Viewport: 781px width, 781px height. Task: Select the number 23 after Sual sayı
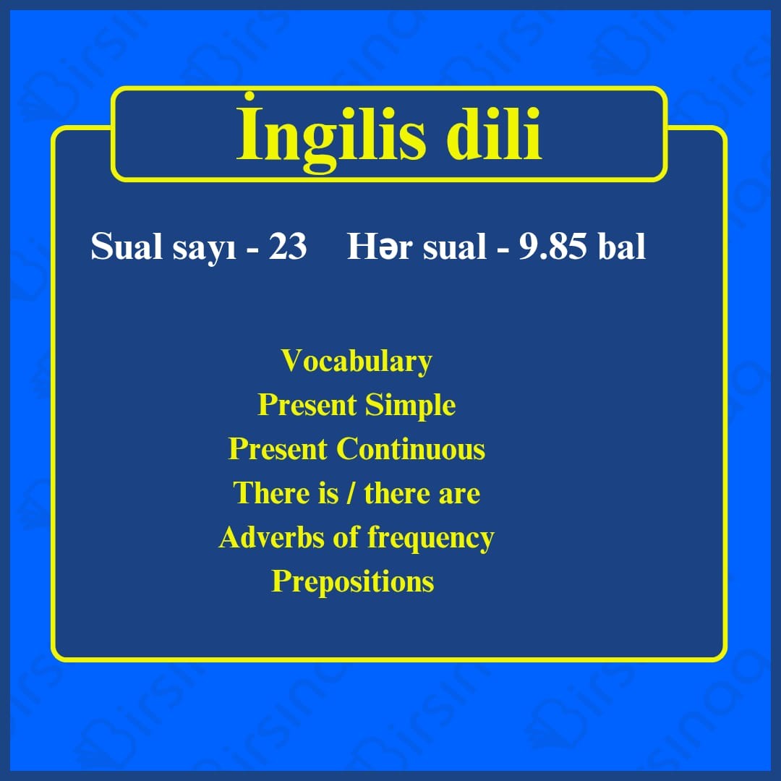click(288, 246)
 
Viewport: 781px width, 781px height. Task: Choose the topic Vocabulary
click(356, 361)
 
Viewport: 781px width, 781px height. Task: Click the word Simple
click(410, 404)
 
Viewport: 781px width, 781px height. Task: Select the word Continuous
click(411, 449)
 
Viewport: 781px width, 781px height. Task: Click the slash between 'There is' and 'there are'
click(351, 492)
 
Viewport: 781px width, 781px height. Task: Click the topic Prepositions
click(353, 581)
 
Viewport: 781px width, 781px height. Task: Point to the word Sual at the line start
click(127, 246)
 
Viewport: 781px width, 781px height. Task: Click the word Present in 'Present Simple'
click(307, 404)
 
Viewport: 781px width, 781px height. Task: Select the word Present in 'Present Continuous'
click(278, 449)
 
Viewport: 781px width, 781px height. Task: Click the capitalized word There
click(268, 492)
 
